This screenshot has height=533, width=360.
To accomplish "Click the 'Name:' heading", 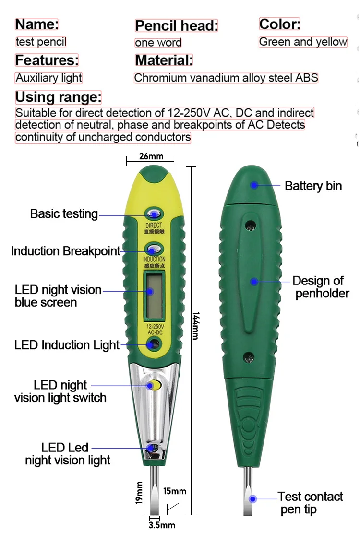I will point(37,24).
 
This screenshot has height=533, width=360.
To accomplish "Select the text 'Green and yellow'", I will point(303,42).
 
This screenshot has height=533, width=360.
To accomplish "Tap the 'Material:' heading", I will point(164,60).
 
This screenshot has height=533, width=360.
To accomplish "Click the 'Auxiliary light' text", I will point(49,78).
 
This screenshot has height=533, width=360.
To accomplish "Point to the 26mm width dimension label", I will point(151,156).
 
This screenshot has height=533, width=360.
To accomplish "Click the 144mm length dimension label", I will point(195,326).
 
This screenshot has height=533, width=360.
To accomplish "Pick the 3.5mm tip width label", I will point(161,525).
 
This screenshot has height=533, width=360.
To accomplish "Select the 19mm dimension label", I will point(139,493).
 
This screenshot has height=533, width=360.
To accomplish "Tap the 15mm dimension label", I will point(174,491).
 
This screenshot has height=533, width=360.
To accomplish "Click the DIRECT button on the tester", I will point(153,214).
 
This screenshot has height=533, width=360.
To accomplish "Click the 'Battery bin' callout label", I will point(313,186).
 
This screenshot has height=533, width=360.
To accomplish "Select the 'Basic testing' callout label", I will point(64,214).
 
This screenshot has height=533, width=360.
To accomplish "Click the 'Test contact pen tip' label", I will point(310,503).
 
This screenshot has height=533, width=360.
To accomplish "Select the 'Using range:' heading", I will point(58,97).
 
